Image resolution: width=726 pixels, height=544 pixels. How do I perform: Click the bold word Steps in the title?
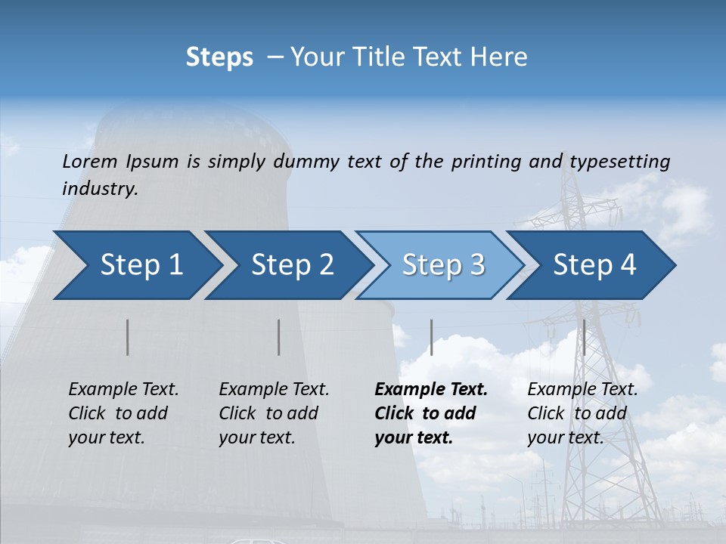pos(219,57)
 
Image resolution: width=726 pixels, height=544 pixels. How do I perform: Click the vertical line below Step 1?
pos(128,337)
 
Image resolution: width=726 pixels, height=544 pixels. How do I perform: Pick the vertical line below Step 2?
pos(279,337)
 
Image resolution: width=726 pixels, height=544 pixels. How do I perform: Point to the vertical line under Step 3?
pos(431,337)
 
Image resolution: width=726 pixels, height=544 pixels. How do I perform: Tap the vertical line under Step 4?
pos(584,337)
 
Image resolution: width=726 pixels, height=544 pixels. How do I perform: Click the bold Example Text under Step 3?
pos(431,390)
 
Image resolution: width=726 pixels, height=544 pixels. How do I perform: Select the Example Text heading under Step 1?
pos(123,390)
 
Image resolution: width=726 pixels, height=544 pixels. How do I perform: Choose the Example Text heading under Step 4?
pos(582,390)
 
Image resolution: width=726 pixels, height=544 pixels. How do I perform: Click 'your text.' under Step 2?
pos(256,437)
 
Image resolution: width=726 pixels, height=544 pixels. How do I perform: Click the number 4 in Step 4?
pos(628,265)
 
